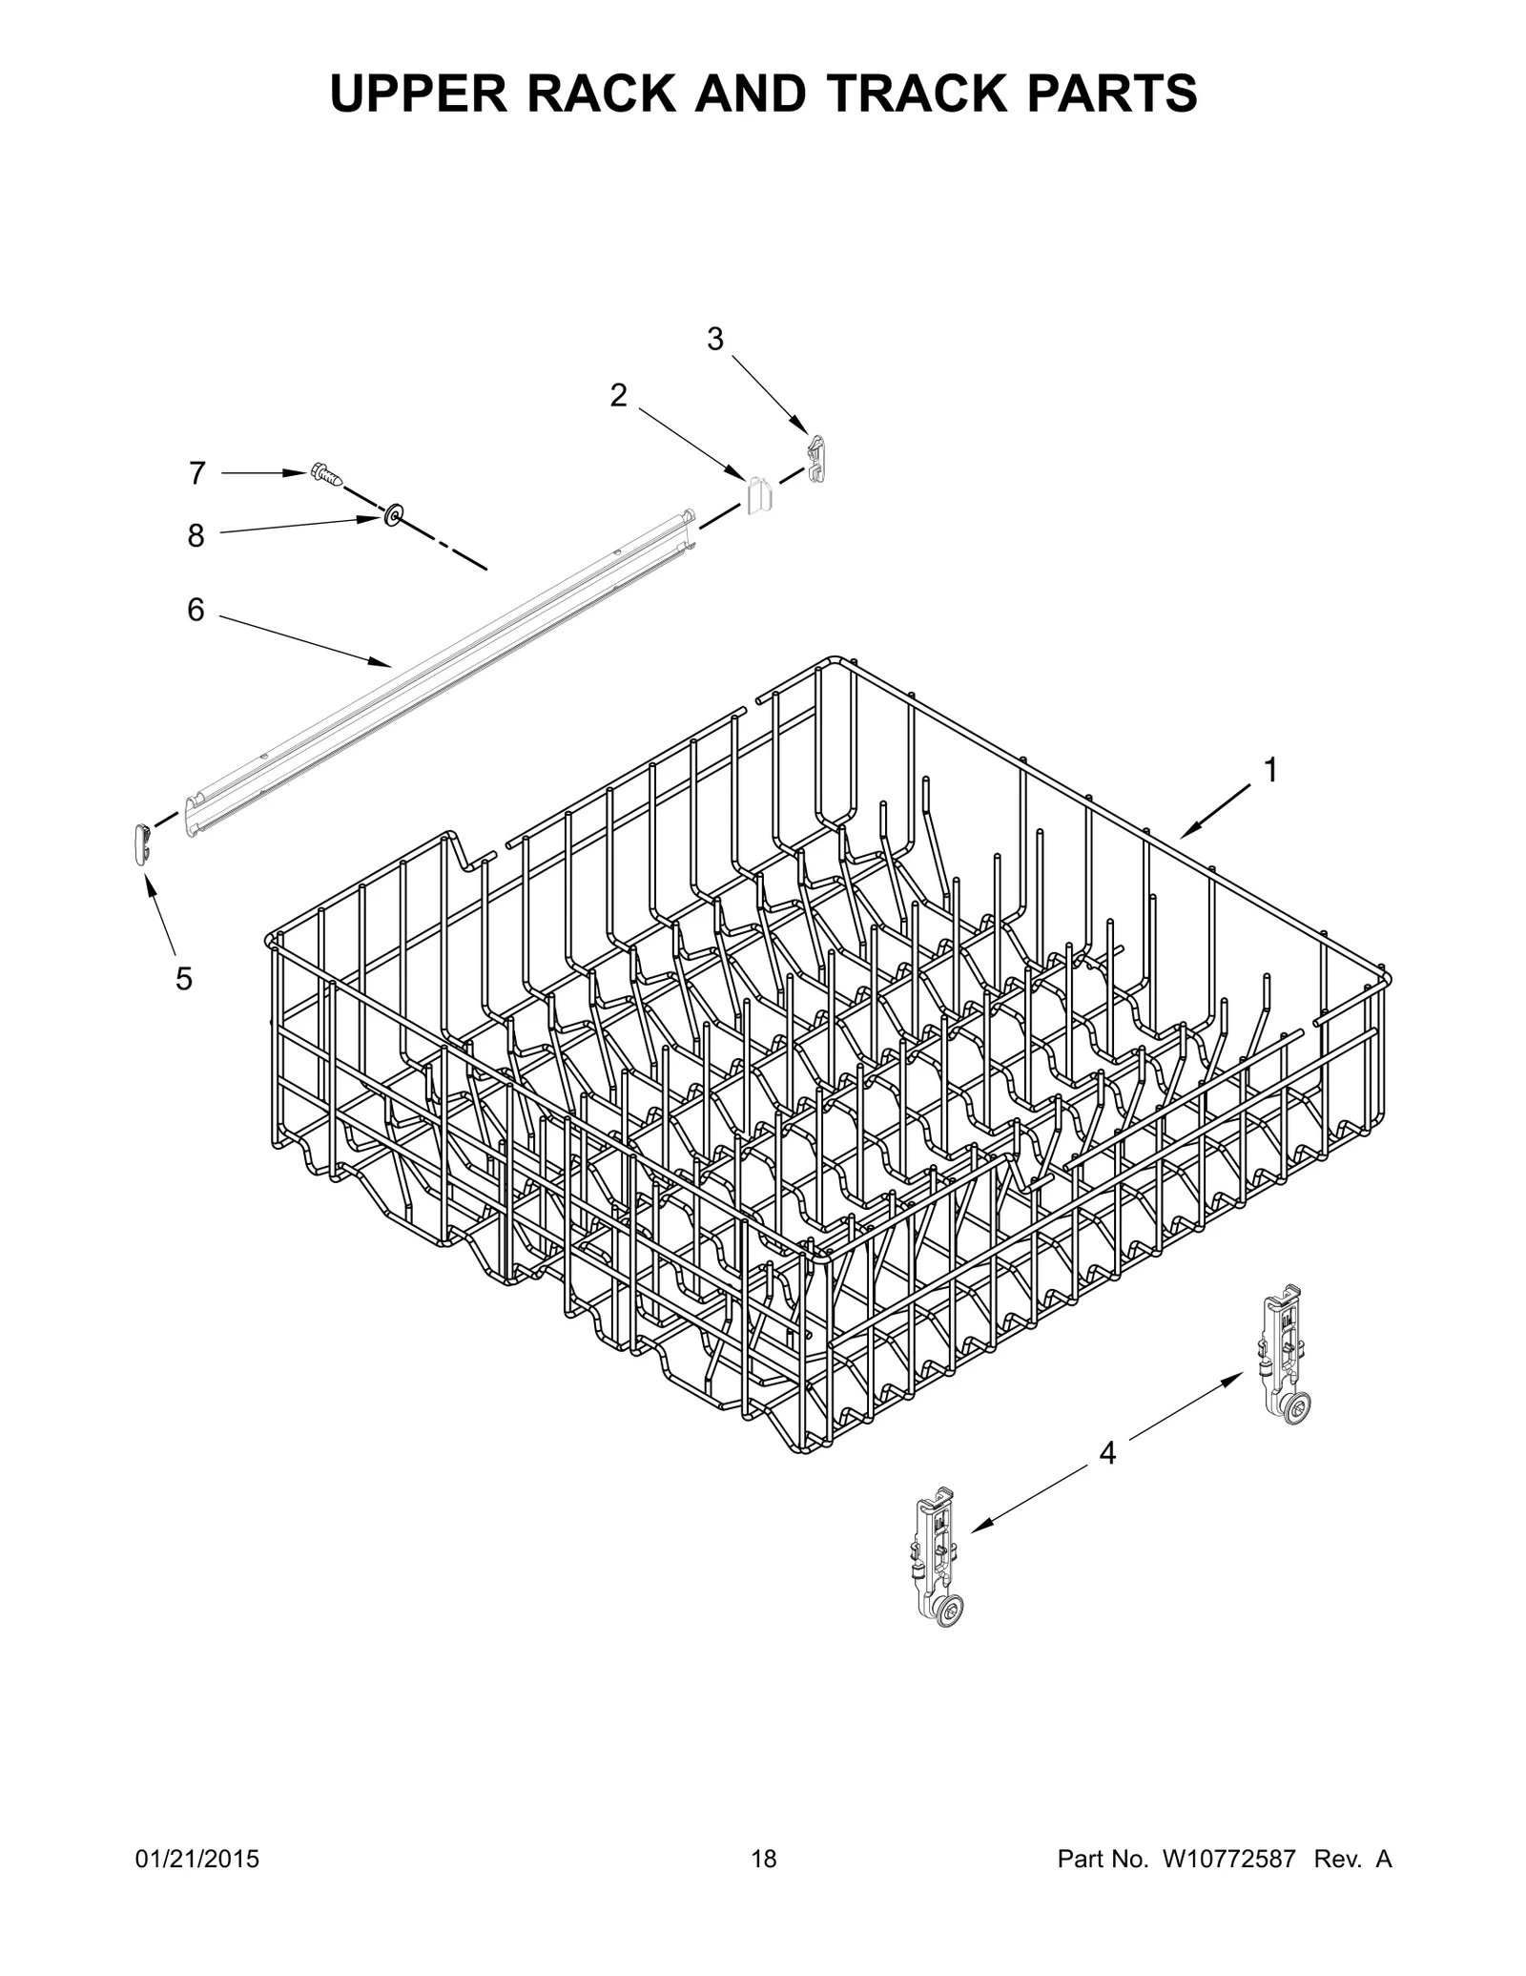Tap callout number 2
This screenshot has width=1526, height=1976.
[x=619, y=395]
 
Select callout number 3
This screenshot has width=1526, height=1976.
[x=715, y=339]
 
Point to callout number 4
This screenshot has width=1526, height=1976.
[x=1107, y=1453]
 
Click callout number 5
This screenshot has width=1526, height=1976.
[x=184, y=978]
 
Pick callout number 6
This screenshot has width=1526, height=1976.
[x=196, y=610]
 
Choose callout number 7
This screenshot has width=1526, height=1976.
[x=196, y=472]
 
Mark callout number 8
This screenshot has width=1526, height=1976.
[x=196, y=535]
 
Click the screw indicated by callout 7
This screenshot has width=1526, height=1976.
[x=325, y=474]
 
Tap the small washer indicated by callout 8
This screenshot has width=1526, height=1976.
[x=393, y=516]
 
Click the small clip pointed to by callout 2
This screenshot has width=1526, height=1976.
[x=759, y=494]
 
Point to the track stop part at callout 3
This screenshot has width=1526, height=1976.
[x=815, y=456]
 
